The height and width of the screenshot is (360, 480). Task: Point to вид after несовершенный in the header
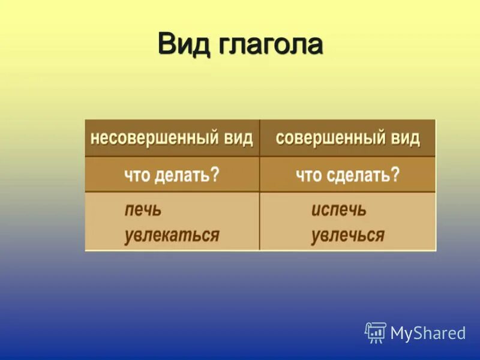238,138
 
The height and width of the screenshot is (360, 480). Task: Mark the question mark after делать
215,175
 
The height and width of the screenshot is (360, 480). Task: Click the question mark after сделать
395,175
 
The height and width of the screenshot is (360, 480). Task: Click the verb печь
143,211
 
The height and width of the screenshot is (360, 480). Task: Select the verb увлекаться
172,235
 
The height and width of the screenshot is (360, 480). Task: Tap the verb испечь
338,211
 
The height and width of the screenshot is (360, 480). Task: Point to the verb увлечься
347,235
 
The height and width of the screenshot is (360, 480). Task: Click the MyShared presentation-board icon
376,332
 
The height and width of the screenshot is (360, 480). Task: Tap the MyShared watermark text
428,333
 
